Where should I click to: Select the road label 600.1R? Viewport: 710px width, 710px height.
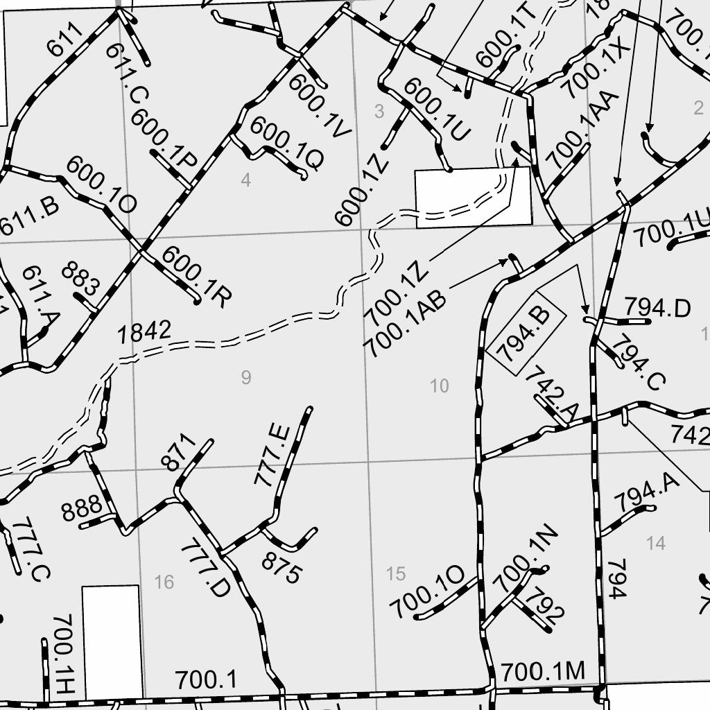click(x=196, y=277)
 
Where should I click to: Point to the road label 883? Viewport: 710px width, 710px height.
click(x=80, y=279)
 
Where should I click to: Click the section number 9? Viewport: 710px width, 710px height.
click(x=245, y=377)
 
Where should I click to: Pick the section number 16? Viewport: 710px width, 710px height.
click(x=164, y=582)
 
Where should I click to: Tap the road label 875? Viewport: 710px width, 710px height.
click(x=282, y=569)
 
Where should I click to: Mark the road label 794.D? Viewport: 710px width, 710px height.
click(x=657, y=307)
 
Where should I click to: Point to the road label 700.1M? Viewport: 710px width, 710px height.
click(x=543, y=671)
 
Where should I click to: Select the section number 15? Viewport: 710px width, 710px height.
click(x=395, y=573)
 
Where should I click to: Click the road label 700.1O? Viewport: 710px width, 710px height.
click(x=426, y=591)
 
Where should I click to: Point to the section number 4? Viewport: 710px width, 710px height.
click(x=245, y=180)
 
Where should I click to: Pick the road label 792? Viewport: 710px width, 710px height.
click(x=545, y=604)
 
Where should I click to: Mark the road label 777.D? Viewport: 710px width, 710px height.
click(x=205, y=569)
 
